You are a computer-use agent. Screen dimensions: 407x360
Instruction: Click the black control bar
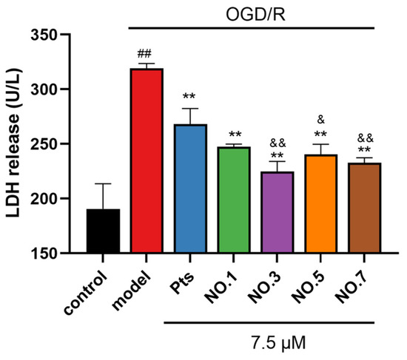[x=103, y=231]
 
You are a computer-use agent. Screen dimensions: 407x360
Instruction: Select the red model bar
[x=147, y=160]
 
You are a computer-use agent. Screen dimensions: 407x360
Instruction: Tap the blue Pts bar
[x=190, y=189]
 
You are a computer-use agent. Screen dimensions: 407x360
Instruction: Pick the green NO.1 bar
[x=234, y=200]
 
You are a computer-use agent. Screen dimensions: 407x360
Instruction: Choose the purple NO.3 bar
[x=277, y=212]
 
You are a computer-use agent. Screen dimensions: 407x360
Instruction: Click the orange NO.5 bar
[x=321, y=203]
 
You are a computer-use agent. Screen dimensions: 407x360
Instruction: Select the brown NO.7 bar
[x=364, y=208]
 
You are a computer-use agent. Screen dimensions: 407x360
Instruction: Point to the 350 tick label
[x=44, y=35]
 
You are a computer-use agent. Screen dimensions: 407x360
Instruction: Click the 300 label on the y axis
[x=44, y=89]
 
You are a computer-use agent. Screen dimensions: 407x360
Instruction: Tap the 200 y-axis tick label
[x=44, y=199]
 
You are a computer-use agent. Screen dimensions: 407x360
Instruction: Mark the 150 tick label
[x=44, y=254]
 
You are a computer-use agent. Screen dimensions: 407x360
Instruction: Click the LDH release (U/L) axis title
[x=13, y=143]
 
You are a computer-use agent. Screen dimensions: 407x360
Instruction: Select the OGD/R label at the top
[x=255, y=15]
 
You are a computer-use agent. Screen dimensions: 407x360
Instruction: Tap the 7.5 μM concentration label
[x=278, y=343]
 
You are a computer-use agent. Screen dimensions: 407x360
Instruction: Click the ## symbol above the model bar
[x=144, y=54]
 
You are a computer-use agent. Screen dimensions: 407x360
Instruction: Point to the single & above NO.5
[x=321, y=120]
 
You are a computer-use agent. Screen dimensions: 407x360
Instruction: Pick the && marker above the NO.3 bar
[x=277, y=143]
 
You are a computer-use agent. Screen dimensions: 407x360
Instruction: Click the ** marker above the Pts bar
[x=189, y=96]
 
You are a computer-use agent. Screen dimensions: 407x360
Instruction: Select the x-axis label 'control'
[x=86, y=293]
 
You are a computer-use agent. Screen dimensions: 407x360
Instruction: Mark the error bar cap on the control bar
[x=103, y=183]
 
